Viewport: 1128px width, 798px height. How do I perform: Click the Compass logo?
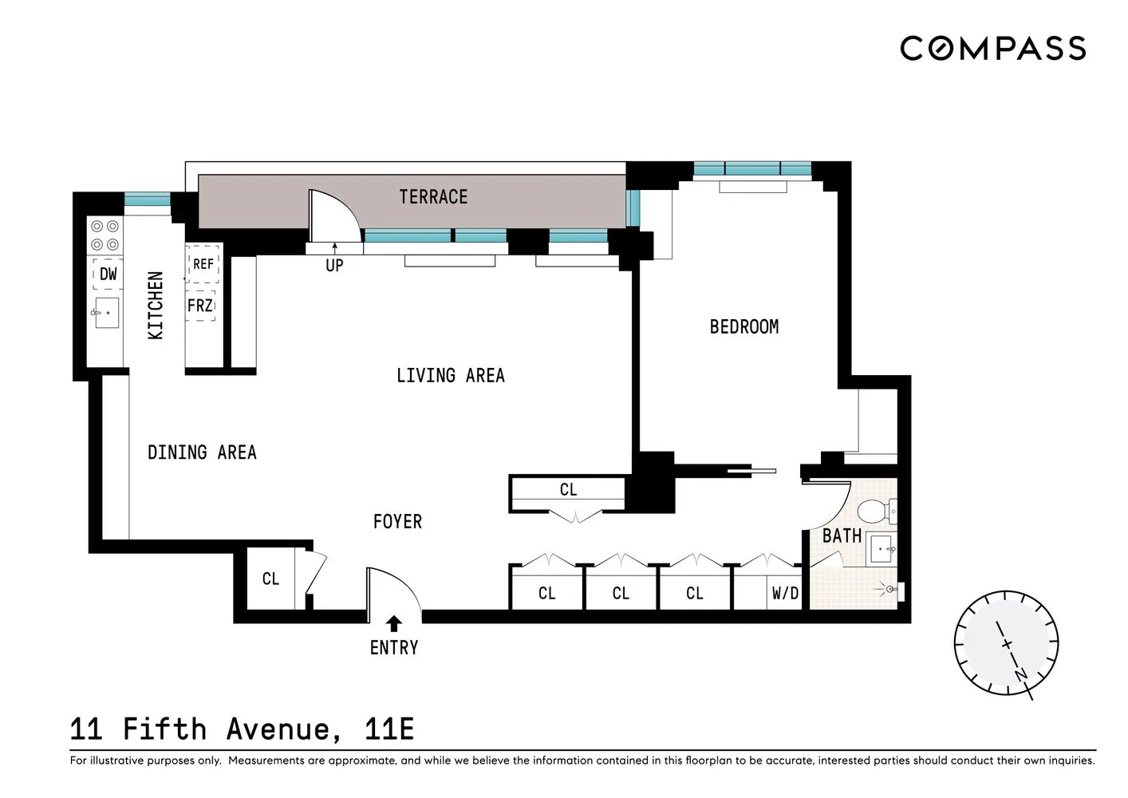click(992, 49)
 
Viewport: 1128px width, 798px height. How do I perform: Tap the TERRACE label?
click(433, 197)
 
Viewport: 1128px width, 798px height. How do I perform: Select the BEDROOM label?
click(743, 326)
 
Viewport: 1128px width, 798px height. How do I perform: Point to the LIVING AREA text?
click(450, 375)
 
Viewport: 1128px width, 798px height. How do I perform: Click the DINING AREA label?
click(202, 452)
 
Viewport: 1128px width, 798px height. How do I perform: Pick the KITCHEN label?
click(156, 306)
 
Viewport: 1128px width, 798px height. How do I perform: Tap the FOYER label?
click(397, 522)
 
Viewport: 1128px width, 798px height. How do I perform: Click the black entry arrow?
click(393, 623)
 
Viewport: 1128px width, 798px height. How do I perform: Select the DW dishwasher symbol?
click(108, 274)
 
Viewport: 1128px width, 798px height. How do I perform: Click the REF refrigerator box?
click(203, 264)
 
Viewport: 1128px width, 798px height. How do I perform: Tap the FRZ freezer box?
click(200, 306)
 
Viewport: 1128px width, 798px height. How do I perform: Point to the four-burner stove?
click(105, 235)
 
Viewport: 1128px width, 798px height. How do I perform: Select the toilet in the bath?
click(877, 509)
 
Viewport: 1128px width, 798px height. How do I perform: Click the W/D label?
click(785, 593)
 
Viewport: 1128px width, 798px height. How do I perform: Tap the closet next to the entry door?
click(270, 579)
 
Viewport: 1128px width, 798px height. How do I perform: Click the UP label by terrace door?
click(334, 265)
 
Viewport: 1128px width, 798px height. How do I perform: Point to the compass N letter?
click(1021, 675)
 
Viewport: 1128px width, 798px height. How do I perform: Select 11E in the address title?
click(389, 729)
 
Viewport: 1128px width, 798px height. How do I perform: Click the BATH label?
click(842, 536)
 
